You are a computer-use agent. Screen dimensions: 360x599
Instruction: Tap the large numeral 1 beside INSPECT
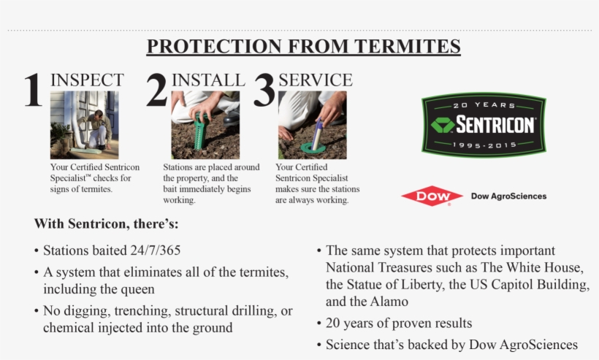tap(33, 92)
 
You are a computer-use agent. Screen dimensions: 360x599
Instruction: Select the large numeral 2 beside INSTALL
tap(156, 92)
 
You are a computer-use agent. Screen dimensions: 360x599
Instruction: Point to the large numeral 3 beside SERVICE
tap(264, 92)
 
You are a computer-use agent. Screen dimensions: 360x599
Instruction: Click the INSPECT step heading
tap(87, 80)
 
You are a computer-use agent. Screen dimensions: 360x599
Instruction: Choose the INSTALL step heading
tap(208, 80)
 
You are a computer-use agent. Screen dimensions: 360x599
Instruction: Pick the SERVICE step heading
tap(316, 80)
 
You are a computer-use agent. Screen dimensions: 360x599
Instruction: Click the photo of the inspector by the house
tap(84, 125)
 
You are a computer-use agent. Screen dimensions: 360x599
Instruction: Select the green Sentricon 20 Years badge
tap(484, 124)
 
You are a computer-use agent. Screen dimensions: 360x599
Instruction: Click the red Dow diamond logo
tap(432, 196)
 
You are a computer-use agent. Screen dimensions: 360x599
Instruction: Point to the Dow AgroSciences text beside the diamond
tap(508, 196)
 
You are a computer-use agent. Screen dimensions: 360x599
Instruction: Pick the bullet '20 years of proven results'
tap(399, 323)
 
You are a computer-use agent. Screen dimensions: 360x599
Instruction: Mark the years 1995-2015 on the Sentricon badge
tap(484, 145)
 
